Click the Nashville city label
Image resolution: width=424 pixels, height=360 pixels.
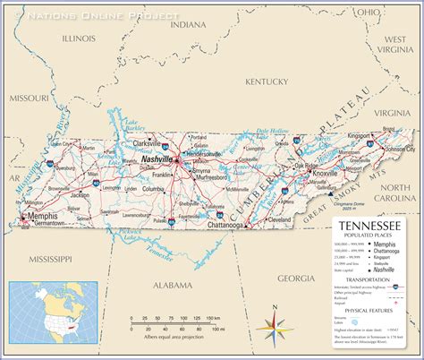click(157, 159)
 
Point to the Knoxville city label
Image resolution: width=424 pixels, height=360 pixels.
click(325, 173)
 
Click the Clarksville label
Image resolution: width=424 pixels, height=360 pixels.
click(145, 143)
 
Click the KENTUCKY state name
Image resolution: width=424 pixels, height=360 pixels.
click(266, 81)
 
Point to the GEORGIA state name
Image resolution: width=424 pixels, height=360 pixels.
click(295, 279)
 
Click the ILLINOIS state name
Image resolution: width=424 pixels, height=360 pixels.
click(80, 39)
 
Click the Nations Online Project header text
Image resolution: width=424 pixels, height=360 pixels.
click(103, 16)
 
